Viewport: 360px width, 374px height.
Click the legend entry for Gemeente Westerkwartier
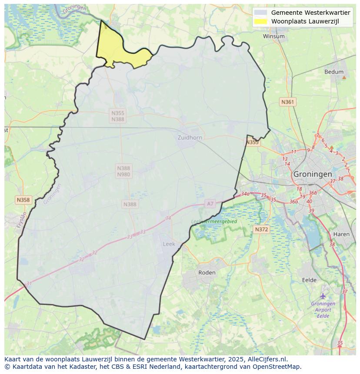310,13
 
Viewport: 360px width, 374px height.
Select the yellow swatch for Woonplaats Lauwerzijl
261,21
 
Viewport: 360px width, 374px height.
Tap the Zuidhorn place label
190,138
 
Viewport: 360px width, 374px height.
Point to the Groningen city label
312,174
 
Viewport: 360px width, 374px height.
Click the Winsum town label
274,36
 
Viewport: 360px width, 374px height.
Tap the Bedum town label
333,72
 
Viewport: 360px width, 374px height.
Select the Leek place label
169,244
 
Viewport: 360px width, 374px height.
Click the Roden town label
207,273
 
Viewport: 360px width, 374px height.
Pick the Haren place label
341,234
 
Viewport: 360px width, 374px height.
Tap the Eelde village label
309,280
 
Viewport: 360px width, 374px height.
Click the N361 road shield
287,102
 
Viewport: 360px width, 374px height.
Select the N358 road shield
23,200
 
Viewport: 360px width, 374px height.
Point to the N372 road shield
261,229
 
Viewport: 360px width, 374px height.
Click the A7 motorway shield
210,204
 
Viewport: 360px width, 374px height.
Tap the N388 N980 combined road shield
123,171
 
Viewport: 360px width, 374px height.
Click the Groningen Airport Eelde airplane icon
323,296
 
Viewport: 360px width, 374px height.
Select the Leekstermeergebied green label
214,222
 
